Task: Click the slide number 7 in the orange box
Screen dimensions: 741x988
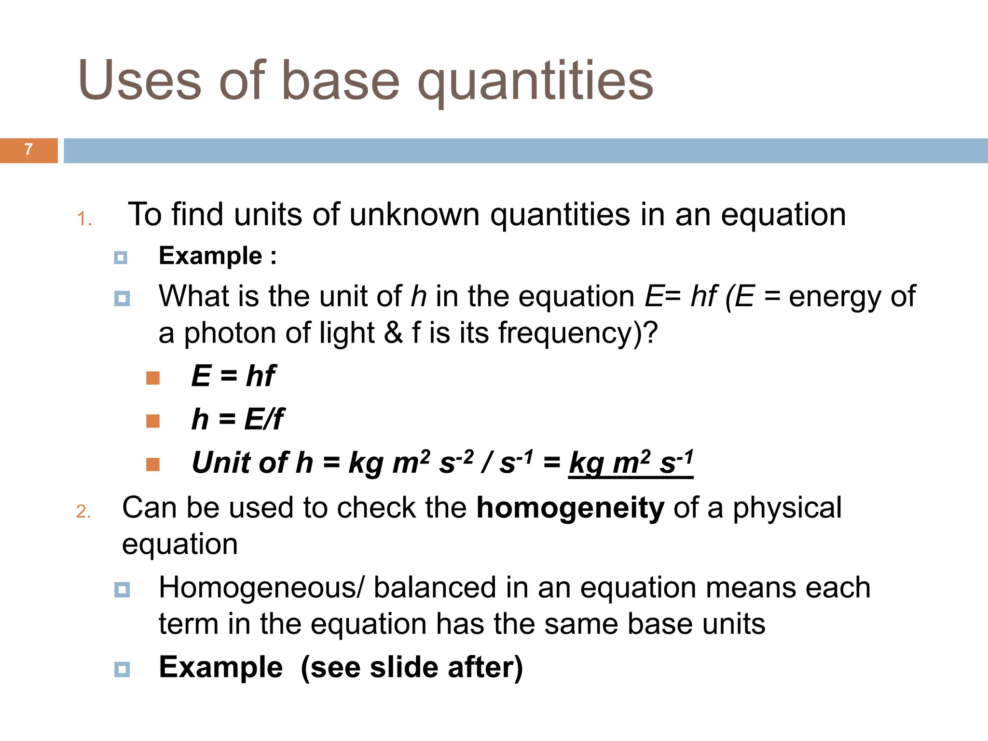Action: pos(28,150)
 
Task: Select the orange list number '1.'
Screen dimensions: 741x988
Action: pos(84,219)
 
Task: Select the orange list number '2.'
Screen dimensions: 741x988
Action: pos(83,511)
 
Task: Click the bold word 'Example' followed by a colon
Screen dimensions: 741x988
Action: pos(211,256)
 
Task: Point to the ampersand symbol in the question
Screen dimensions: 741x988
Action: pos(393,333)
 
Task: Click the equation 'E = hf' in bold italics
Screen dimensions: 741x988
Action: pos(233,376)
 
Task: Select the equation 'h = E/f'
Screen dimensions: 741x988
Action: pos(237,419)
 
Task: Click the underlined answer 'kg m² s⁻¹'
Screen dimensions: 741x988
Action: pos(631,463)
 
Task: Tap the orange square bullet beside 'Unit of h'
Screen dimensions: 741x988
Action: pos(152,464)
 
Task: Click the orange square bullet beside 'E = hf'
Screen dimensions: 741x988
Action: pos(152,378)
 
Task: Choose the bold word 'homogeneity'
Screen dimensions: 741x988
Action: pos(570,508)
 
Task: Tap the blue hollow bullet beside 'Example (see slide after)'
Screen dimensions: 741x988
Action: pos(122,669)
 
